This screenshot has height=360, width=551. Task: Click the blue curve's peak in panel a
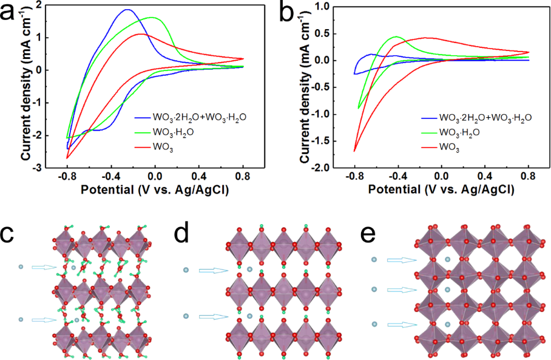pos(127,10)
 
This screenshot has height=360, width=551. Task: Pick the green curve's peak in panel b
pos(396,37)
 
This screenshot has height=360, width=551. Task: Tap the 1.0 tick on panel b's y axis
pos(328,6)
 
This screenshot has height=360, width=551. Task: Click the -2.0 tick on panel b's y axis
pos(327,167)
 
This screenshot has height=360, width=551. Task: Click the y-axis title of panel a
pos(25,85)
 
